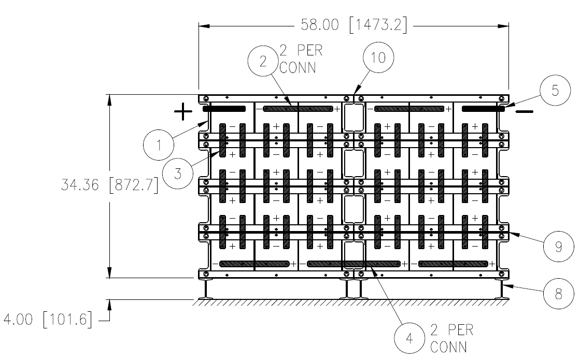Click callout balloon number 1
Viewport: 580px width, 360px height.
[x=159, y=145]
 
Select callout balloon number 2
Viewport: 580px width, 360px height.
[x=263, y=61]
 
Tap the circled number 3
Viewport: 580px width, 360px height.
[x=178, y=174]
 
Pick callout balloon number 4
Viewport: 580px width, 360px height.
[x=409, y=338]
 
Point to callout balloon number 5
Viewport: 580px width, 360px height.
[x=555, y=90]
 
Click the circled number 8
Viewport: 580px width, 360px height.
[x=559, y=294]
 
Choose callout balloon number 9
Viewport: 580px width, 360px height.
[x=559, y=246]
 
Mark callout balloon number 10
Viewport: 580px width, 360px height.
[x=378, y=57]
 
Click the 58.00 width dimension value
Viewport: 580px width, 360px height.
[x=320, y=25]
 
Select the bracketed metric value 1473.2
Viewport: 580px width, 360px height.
[x=378, y=25]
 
